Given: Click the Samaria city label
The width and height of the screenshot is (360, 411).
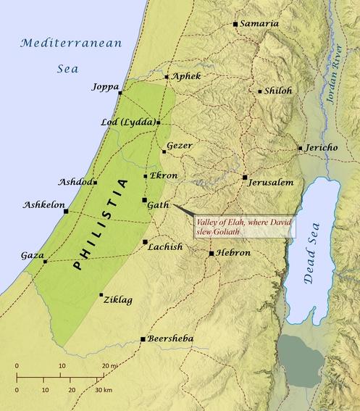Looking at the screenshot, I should click(259, 24).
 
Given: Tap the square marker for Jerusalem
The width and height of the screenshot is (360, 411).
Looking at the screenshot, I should click(246, 177).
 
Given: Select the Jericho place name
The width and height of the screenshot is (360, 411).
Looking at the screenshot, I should click(322, 148).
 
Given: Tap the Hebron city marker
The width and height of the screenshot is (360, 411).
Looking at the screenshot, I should click(212, 254).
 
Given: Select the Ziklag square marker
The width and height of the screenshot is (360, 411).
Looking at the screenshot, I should click(101, 295).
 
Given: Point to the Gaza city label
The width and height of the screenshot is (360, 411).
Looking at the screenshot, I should click(32, 256).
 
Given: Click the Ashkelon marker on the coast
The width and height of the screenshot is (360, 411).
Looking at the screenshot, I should click(66, 212).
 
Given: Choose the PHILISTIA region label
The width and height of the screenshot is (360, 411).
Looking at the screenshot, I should click(99, 225).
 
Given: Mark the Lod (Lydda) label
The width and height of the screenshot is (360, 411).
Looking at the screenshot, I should click(127, 123).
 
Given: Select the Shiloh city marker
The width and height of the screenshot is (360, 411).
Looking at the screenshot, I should click(260, 91).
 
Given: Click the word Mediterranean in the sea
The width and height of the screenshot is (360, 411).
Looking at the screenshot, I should click(68, 43).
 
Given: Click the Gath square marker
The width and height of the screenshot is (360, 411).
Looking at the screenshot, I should click(144, 199).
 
